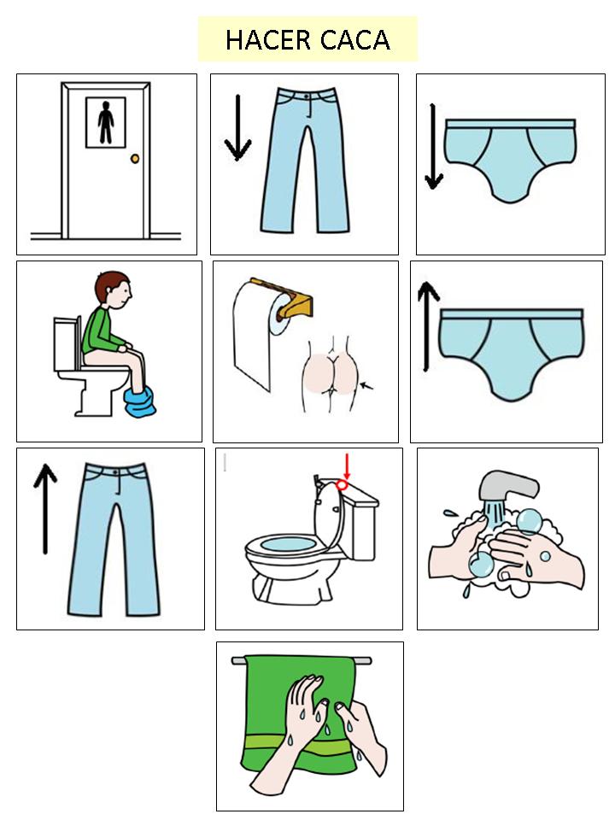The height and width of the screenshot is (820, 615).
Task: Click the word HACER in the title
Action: click(x=267, y=40)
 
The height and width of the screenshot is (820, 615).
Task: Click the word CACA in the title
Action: click(x=355, y=40)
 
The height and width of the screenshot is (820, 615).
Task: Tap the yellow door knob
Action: click(x=135, y=159)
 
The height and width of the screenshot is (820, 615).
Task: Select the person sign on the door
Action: click(x=106, y=122)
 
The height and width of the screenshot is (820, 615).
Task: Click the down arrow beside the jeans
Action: click(x=237, y=127)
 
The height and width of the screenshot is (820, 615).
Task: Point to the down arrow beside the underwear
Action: click(x=434, y=147)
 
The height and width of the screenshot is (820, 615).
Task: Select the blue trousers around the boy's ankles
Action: click(x=140, y=401)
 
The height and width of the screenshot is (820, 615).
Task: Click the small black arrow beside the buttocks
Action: click(x=367, y=386)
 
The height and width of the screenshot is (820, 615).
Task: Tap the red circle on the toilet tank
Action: click(x=342, y=485)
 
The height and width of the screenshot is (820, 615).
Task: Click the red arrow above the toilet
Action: click(x=346, y=466)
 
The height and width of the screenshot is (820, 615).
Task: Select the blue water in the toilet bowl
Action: click(x=288, y=543)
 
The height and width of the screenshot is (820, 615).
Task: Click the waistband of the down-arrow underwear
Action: click(x=510, y=124)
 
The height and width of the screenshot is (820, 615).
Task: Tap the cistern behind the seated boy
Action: click(x=67, y=343)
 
